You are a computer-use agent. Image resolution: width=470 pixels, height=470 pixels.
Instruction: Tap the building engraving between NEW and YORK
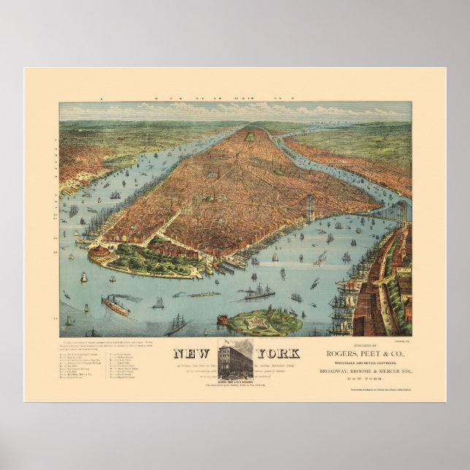(x=235, y=357)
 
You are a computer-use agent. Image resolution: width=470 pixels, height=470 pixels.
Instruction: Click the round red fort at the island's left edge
(x=223, y=320)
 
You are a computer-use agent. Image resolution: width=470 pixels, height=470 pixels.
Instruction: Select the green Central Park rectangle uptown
(x=249, y=136)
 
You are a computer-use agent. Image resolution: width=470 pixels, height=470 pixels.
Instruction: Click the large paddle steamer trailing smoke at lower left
(x=115, y=305)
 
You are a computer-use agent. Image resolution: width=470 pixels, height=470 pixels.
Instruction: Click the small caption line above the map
(x=235, y=96)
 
